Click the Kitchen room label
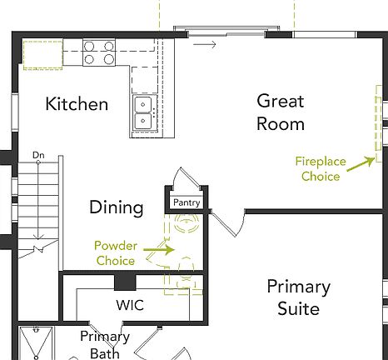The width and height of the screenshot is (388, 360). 77,104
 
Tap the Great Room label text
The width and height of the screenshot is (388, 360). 280,112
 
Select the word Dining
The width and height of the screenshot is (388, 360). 117,207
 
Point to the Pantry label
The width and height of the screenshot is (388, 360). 187,202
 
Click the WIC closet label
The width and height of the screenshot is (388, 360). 129,306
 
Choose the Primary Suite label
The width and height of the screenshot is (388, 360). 298,297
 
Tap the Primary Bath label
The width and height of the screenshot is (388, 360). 105,345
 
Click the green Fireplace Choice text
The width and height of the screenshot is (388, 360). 320,169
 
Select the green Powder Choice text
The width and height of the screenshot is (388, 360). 115,253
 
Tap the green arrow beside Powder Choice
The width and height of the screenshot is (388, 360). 159,247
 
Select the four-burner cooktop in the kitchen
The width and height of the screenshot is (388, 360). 98,52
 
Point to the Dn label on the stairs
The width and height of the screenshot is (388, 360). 38,155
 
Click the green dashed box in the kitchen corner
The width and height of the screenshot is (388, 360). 43,54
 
